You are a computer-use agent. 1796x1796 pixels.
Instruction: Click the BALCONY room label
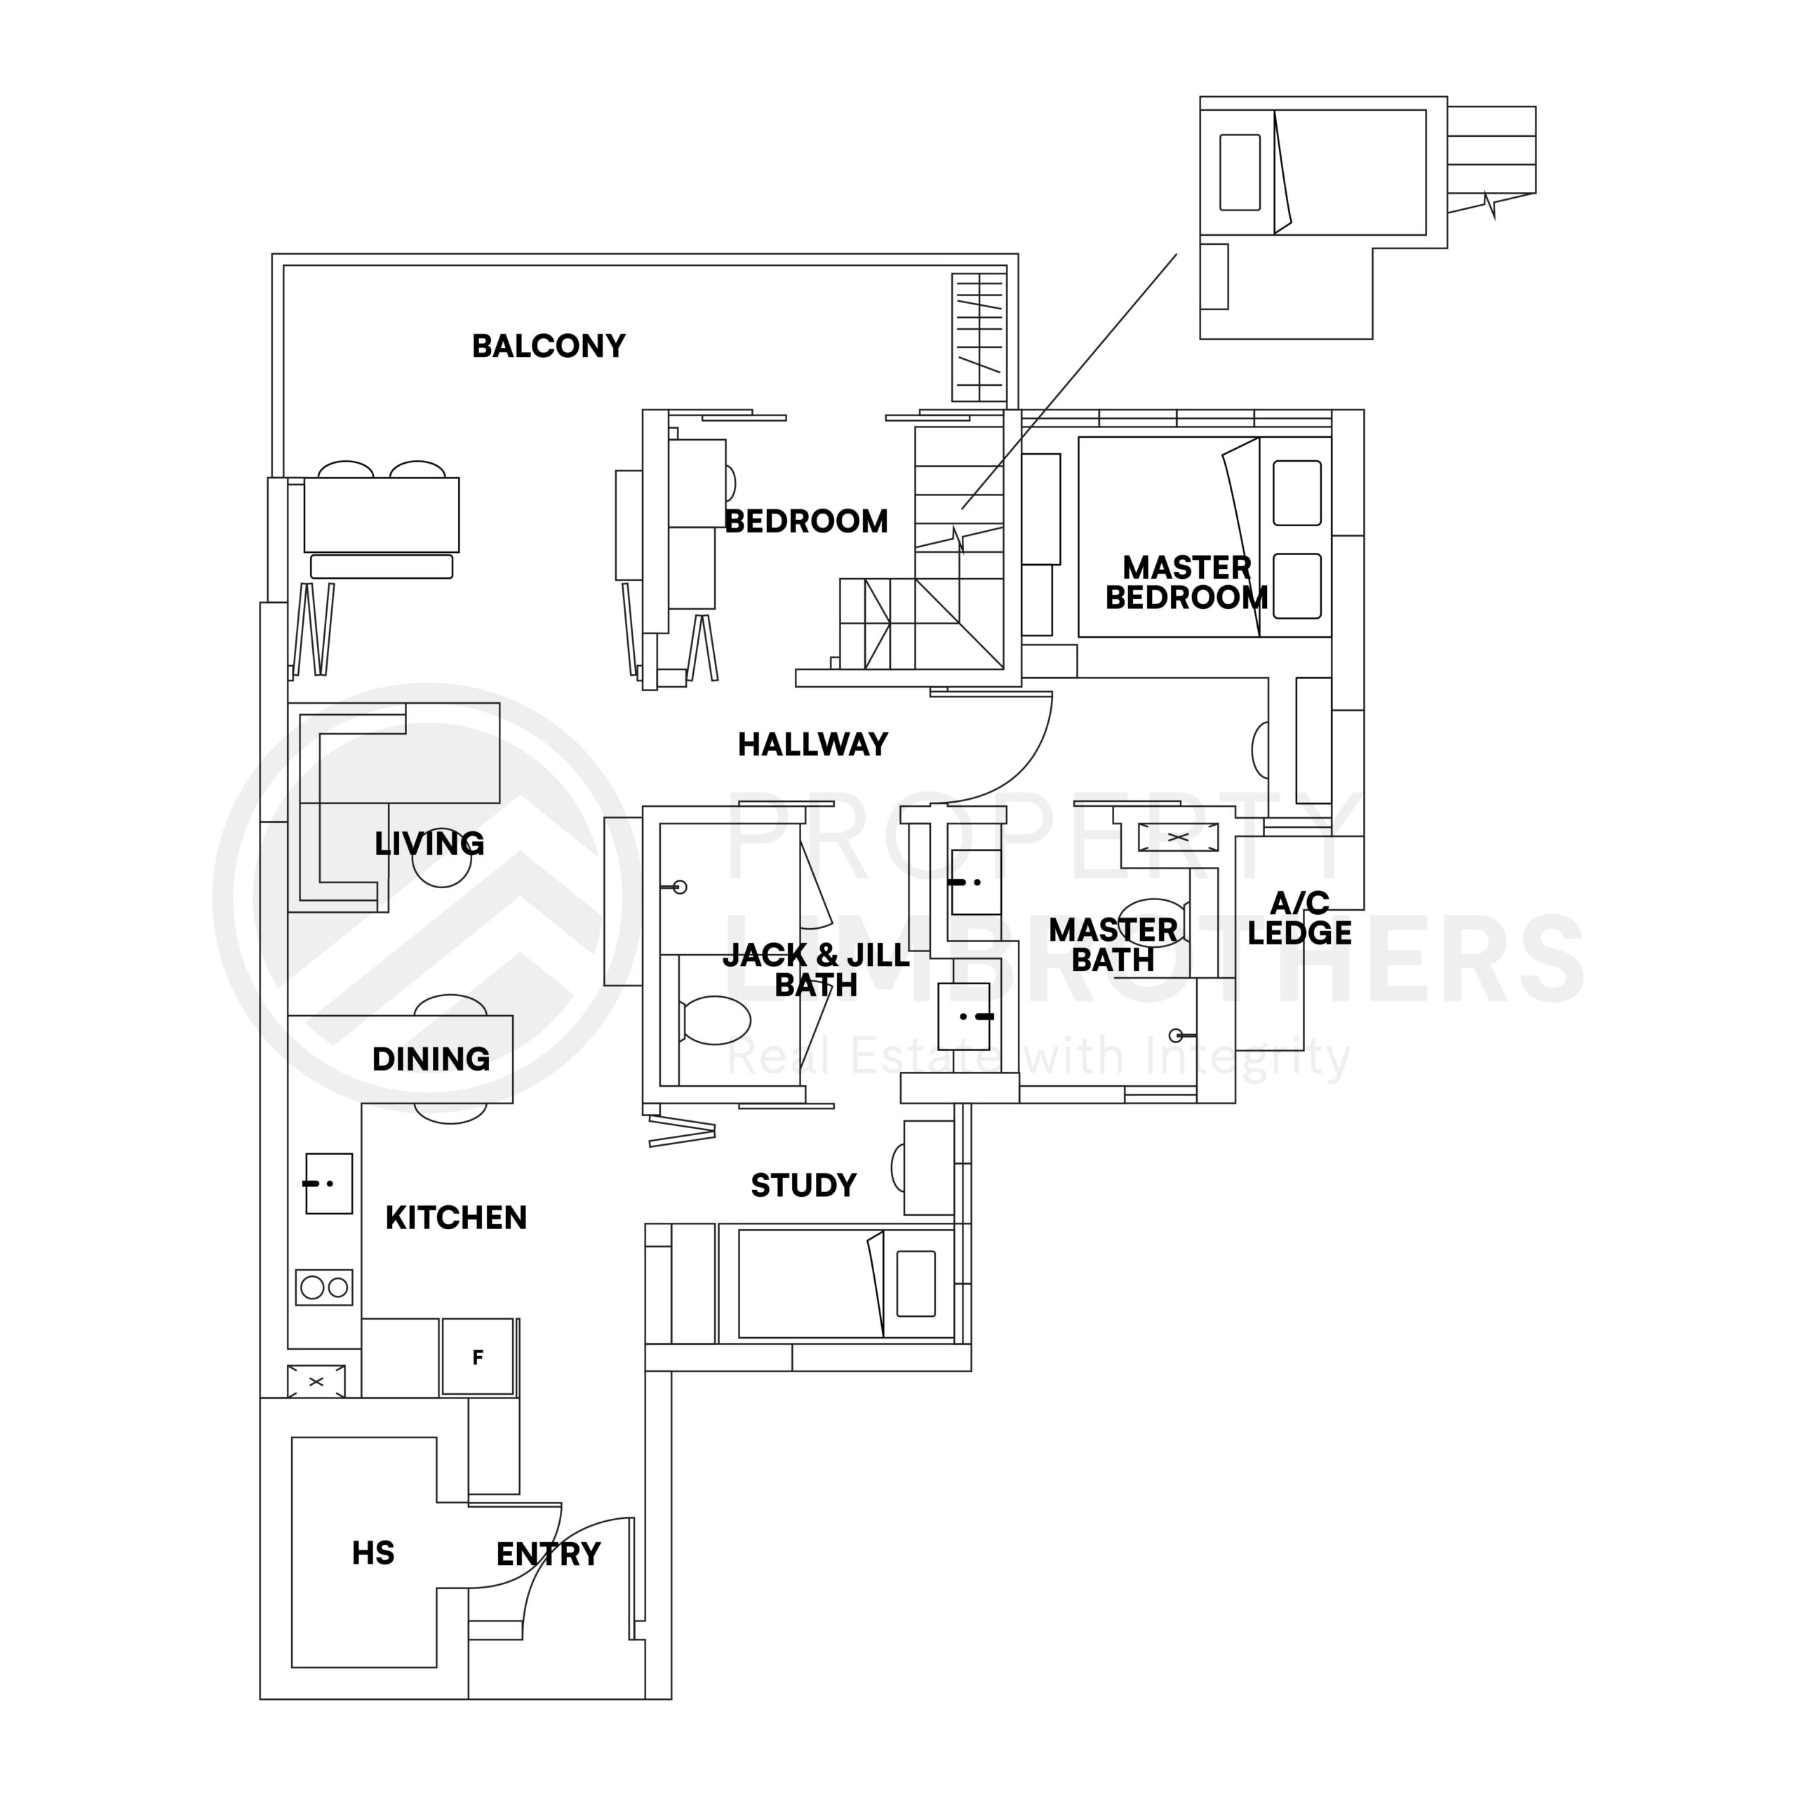pos(549,346)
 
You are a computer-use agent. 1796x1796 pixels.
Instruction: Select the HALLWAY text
pos(812,744)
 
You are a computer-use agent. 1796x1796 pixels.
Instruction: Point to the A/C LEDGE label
pos(1299,918)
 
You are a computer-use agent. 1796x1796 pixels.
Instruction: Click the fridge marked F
pos(478,1358)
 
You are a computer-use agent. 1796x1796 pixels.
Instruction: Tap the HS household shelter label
pos(373,1553)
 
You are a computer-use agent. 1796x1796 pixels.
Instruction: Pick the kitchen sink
pos(328,1184)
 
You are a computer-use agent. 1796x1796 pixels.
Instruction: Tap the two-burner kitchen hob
pos(324,1287)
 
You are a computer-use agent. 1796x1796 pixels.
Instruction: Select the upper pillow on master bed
pos(1296,492)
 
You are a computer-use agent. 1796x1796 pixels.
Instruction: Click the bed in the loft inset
pos(1348,172)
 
